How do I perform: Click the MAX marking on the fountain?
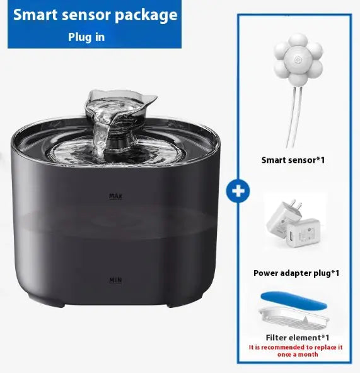[x=115, y=196]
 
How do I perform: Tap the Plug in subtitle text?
[x=86, y=37]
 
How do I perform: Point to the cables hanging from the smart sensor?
[x=294, y=114]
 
